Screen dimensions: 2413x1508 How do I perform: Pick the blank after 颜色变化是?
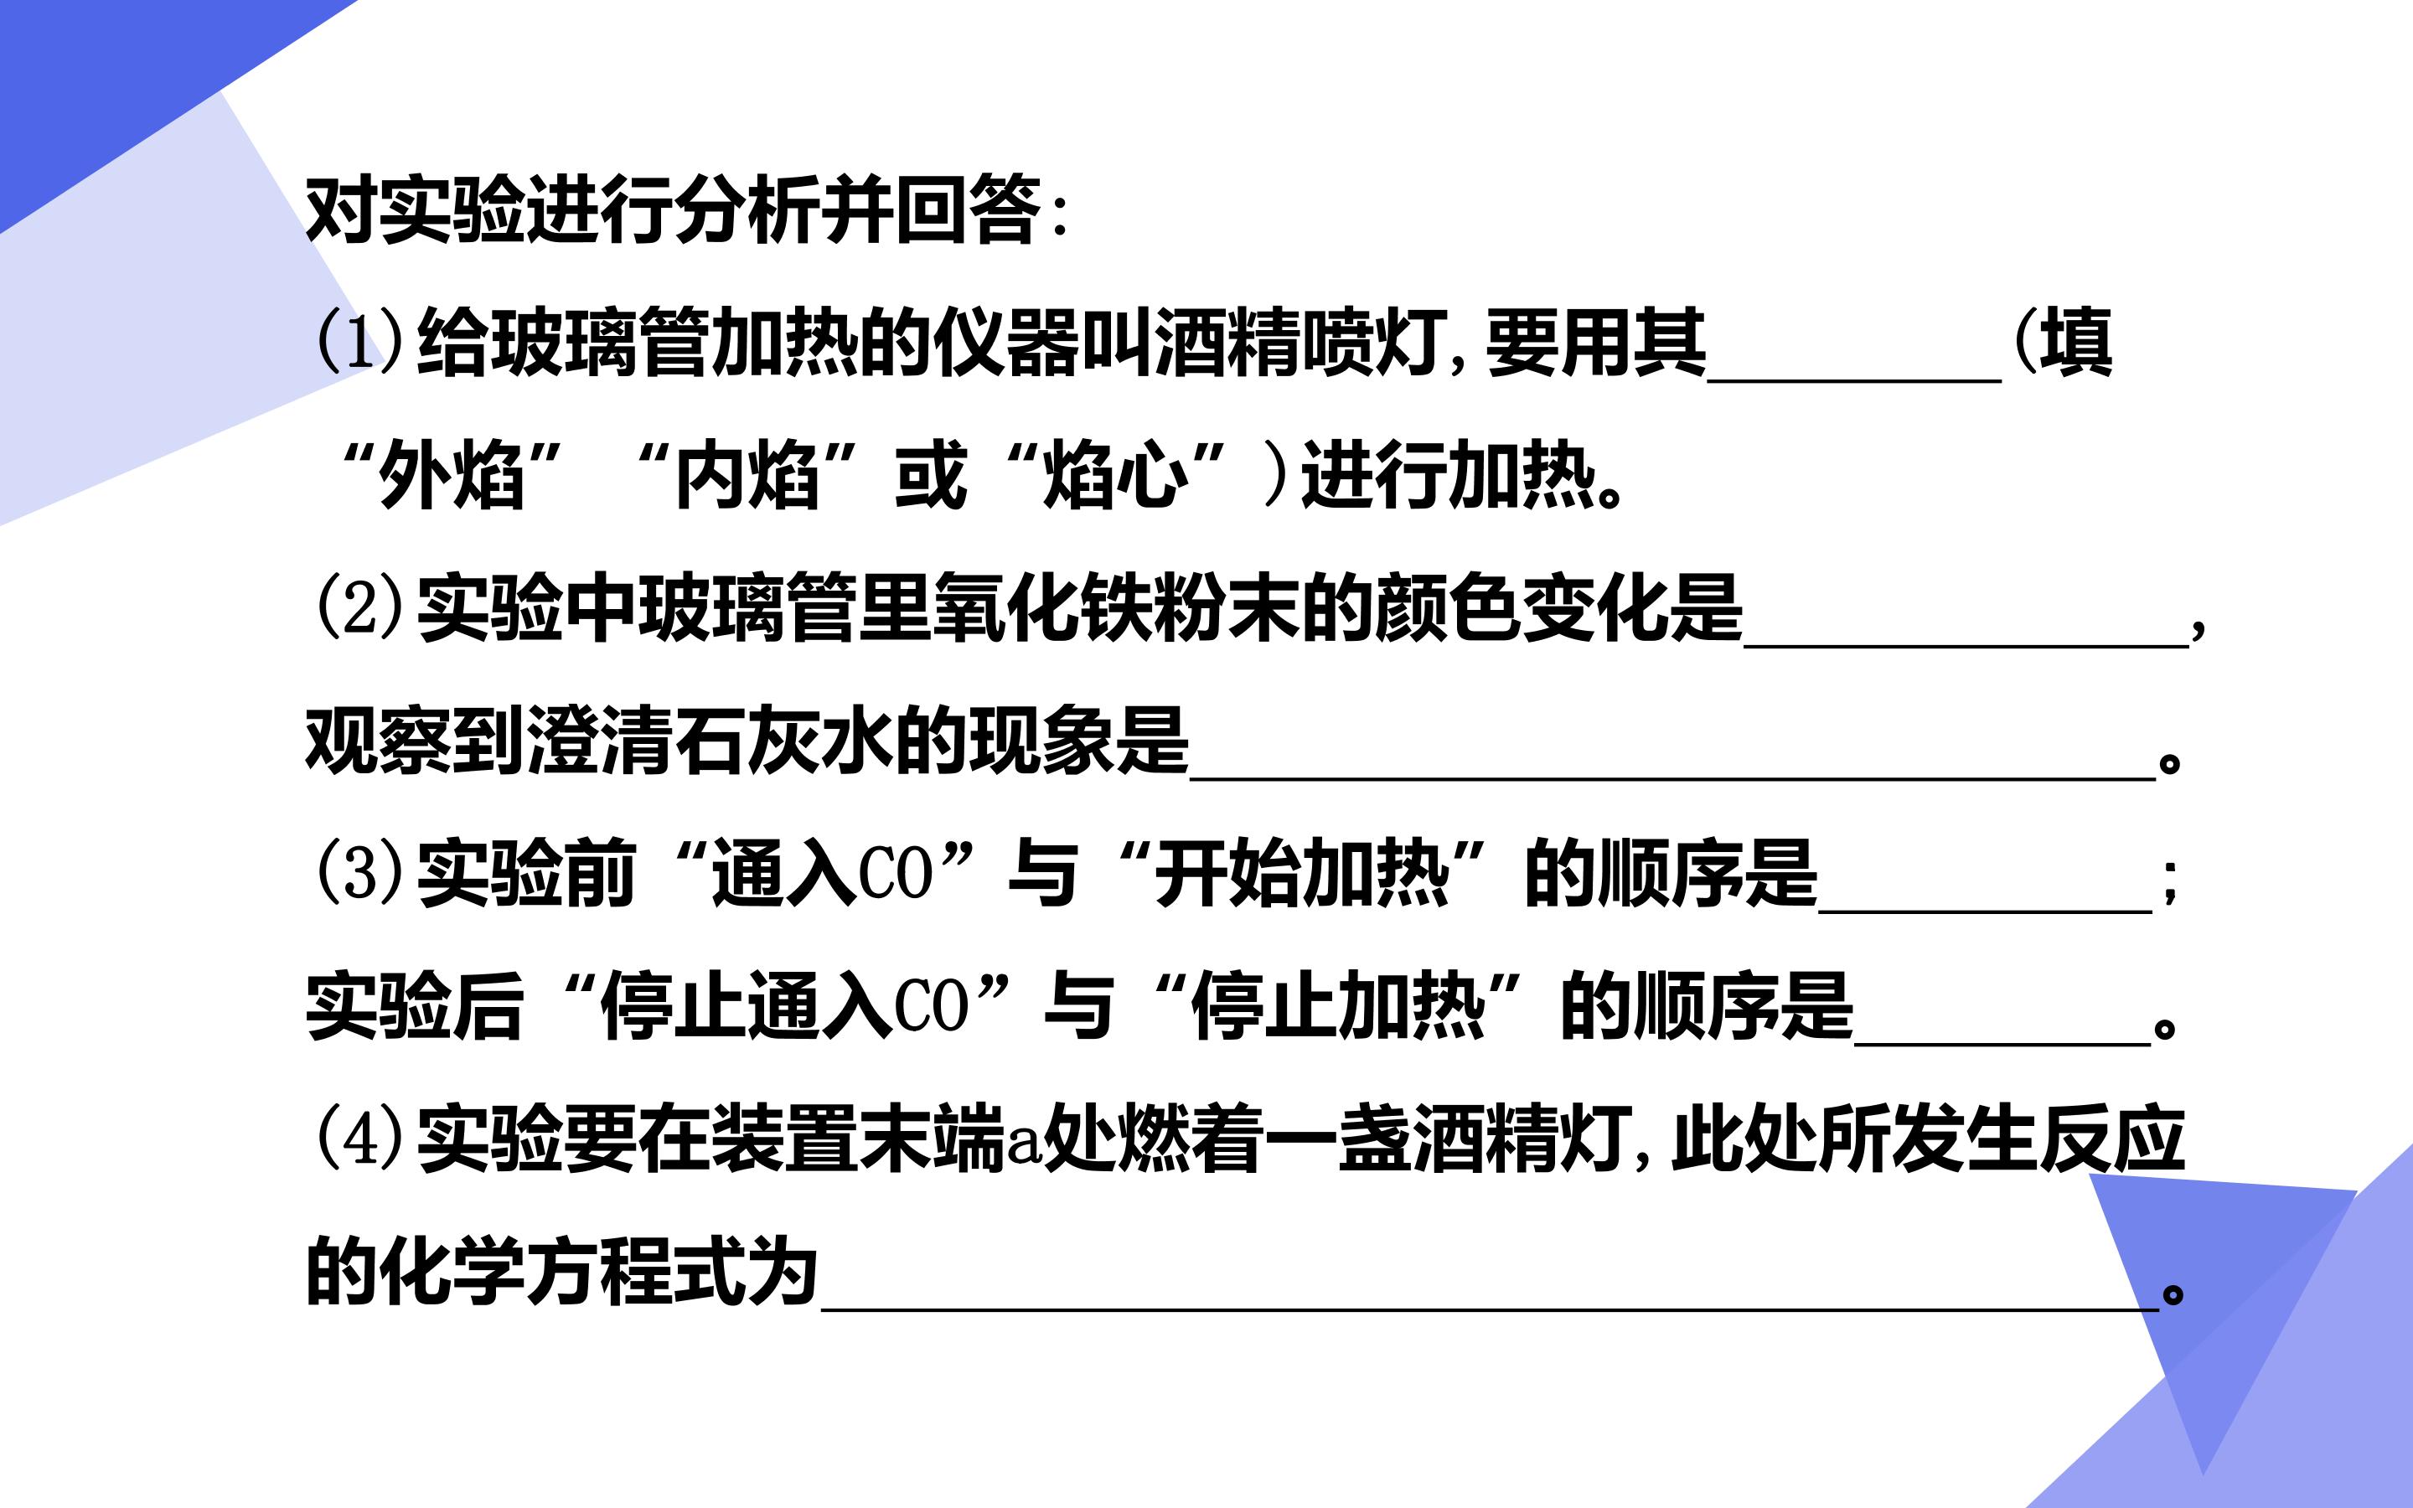pos(1966,646)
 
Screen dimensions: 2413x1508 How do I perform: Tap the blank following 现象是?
pos(1673,779)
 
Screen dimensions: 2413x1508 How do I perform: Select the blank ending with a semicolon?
pos(1985,911)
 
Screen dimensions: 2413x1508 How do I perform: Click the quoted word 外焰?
pos(452,475)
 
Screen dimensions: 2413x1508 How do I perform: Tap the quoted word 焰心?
pos(1116,475)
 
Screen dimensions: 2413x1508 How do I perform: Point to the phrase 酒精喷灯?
pos(1301,342)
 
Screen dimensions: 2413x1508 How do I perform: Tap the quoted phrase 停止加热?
pos(1338,1006)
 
